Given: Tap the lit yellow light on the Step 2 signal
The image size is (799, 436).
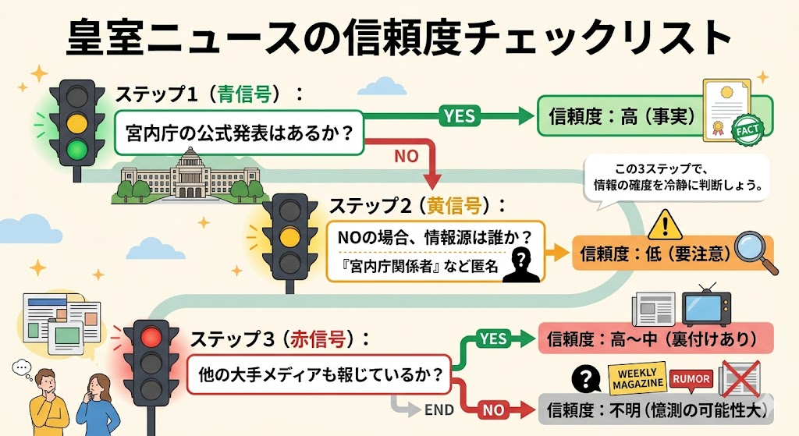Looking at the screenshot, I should pyautogui.click(x=290, y=236).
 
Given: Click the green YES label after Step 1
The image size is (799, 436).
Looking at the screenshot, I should pyautogui.click(x=459, y=115).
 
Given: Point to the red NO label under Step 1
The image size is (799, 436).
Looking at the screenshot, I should pyautogui.click(x=406, y=156).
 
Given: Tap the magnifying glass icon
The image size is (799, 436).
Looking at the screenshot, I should pyautogui.click(x=756, y=250).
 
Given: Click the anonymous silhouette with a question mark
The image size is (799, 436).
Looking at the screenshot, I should pyautogui.click(x=520, y=266).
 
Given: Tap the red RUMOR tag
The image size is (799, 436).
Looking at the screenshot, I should pyautogui.click(x=691, y=379).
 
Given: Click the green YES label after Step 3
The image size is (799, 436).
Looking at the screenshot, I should pyautogui.click(x=492, y=339).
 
